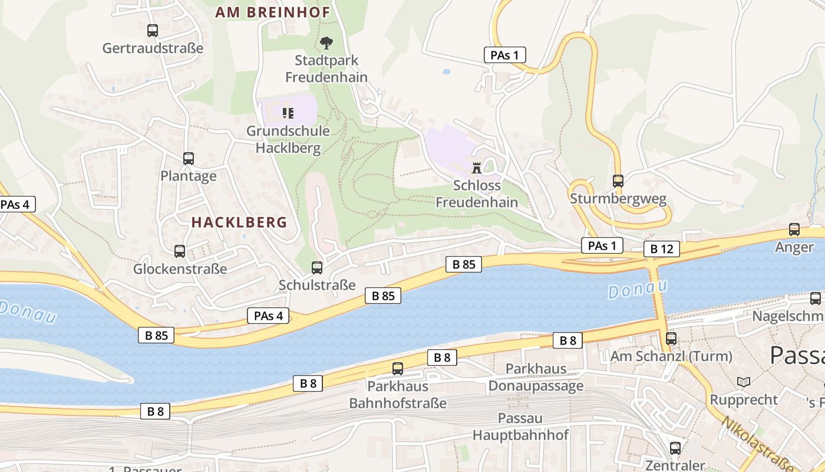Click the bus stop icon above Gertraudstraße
pos(153,31)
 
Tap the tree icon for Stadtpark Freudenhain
pos(326,42)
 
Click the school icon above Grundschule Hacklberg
pos(288,113)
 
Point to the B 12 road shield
pos(661,249)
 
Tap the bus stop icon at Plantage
pos(189,158)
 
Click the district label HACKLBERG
pos(239,222)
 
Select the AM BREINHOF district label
pos(272,12)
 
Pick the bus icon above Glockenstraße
pos(180,251)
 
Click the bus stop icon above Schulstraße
pos(317,268)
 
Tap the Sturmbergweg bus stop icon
pos(618,181)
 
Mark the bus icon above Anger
pos(794,230)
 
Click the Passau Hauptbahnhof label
pos(520,427)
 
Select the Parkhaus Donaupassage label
pos(536,377)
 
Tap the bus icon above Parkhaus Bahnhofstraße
pos(398,369)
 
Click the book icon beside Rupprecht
pos(744,382)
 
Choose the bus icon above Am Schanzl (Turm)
pos(671,339)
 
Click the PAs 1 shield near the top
pos(504,55)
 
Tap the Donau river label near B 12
pos(638,289)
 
